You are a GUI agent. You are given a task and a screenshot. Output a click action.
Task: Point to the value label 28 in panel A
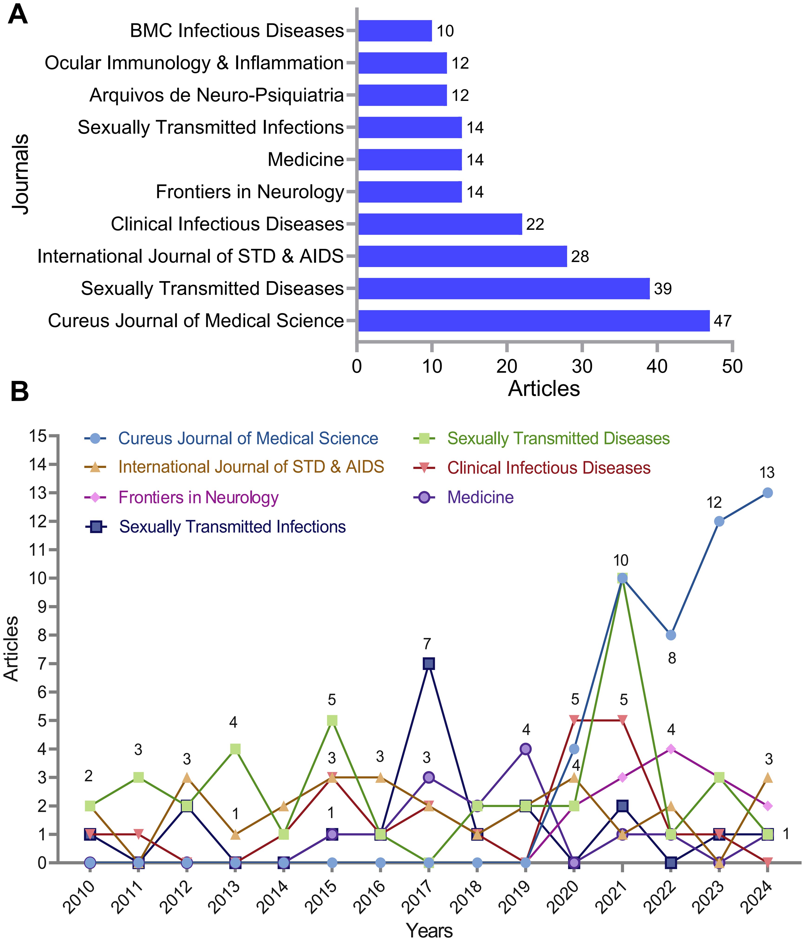(580, 257)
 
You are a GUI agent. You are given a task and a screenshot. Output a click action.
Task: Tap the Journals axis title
(20, 174)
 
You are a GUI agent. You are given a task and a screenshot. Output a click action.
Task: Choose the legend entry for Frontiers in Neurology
(198, 497)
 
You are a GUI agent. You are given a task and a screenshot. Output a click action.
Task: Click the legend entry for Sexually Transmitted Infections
(232, 527)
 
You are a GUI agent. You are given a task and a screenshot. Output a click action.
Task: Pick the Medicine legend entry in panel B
(480, 497)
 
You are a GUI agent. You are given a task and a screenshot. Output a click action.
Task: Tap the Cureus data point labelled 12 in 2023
(719, 521)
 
